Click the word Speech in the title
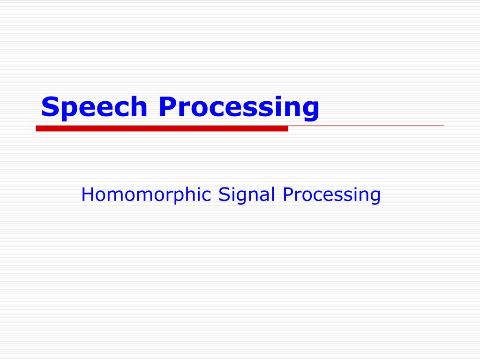[94, 107]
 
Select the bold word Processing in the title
[239, 107]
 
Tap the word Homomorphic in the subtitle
[146, 195]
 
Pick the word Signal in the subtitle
[247, 195]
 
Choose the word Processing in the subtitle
[331, 195]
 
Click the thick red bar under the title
[162, 128]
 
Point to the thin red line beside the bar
[366, 126]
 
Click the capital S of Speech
[50, 106]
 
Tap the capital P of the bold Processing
[167, 106]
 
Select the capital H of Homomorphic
[87, 195]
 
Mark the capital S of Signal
[224, 195]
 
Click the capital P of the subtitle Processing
[288, 195]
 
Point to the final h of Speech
[139, 106]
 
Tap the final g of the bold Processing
[311, 111]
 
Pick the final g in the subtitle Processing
[375, 198]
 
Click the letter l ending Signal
[273, 194]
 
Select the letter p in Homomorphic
[179, 198]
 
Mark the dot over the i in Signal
[233, 187]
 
